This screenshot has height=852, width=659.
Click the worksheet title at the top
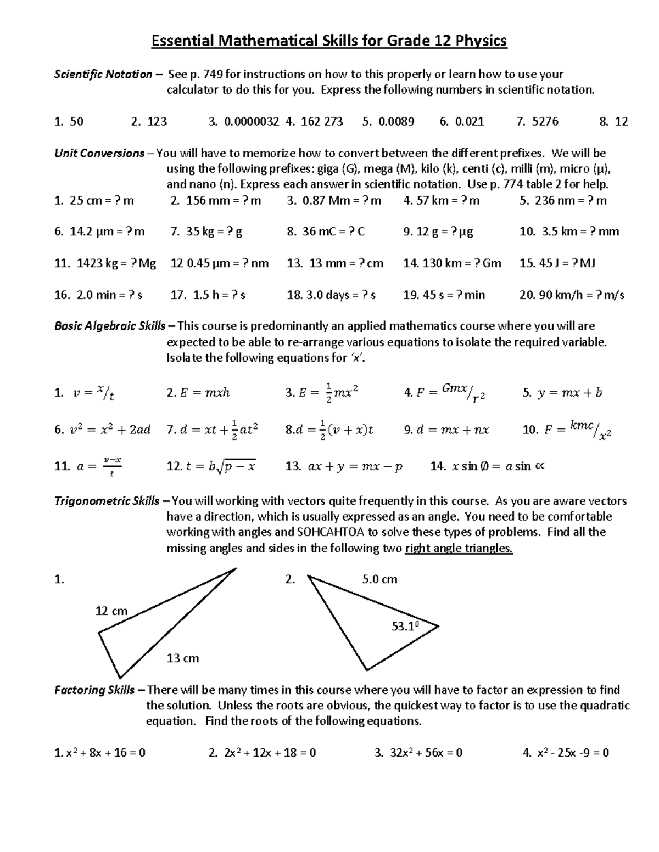pos(329,41)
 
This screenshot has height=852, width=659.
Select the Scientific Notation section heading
pos(103,74)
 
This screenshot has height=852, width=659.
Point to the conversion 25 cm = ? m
pos(94,200)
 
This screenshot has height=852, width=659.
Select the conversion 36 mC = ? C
pos(326,232)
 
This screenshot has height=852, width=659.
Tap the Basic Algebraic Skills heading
pos(110,326)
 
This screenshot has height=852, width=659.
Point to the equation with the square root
pos(211,466)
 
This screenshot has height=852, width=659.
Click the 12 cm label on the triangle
pos(111,611)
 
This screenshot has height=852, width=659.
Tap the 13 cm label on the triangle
pos(182,658)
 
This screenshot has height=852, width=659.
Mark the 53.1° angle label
pos(405,626)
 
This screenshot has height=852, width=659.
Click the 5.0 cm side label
pos(379,579)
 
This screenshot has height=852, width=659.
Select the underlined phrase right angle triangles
pos(459,548)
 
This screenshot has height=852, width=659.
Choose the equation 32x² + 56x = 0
pos(418,753)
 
